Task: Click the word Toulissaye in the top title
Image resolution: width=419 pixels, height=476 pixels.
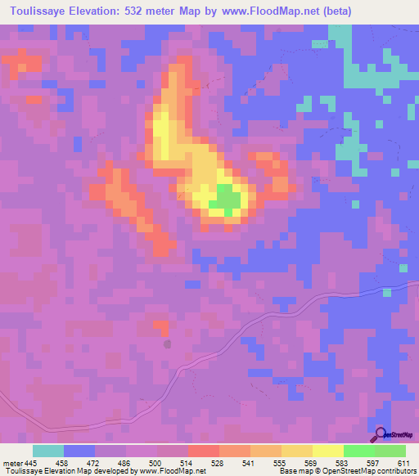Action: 41,11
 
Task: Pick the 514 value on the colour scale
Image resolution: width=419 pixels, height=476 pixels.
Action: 188,464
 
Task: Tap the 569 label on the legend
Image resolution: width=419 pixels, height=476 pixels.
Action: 313,464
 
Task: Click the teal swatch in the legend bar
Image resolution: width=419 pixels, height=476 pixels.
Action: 48,451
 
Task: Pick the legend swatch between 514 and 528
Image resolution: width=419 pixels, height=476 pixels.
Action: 204,451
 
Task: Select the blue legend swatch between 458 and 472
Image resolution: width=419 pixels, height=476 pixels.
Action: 79,451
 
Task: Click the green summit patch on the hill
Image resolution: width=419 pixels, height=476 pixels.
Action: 225,198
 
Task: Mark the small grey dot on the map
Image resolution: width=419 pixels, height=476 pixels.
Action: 167,344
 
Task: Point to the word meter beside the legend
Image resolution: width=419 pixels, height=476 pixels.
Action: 12,464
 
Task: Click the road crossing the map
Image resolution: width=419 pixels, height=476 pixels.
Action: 246,337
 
